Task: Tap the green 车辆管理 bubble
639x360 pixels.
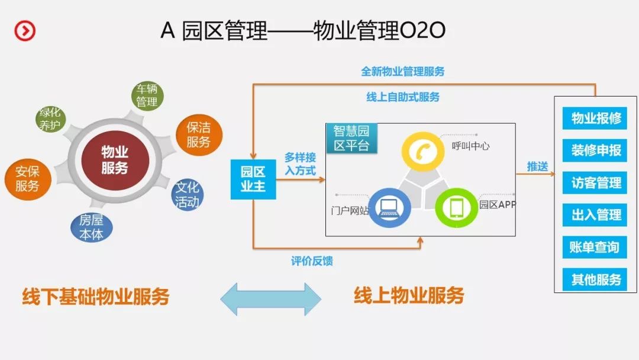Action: [147, 95]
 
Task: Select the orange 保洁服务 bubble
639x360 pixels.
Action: [199, 134]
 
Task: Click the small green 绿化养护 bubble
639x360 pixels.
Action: [50, 119]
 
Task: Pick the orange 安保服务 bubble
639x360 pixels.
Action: [27, 179]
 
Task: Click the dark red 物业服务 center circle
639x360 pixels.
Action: [114, 160]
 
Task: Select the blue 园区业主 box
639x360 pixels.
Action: [253, 179]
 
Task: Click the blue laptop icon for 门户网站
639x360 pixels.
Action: [389, 207]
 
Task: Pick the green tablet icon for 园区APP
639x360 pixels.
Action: [457, 207]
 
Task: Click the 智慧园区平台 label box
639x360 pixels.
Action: [351, 137]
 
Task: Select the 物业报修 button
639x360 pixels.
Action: [596, 118]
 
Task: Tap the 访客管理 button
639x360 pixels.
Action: [596, 183]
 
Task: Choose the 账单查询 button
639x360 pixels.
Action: [596, 247]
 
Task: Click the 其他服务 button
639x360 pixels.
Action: [596, 279]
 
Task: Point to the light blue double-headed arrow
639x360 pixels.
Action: [271, 299]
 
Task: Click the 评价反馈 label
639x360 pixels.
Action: [312, 261]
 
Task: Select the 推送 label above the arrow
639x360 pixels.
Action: [537, 166]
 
